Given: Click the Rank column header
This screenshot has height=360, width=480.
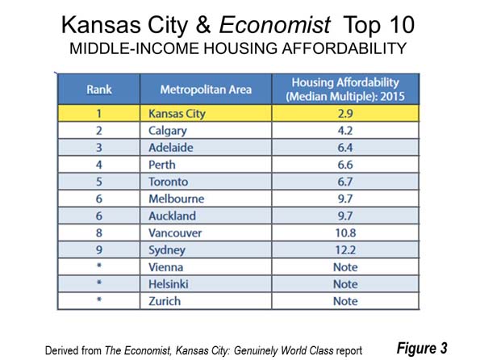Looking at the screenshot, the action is click(99, 90).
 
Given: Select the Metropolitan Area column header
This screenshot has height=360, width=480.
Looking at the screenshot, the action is click(206, 90).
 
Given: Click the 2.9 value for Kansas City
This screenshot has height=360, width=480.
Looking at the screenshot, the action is click(345, 114).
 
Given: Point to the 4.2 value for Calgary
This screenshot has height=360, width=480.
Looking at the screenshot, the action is click(345, 131).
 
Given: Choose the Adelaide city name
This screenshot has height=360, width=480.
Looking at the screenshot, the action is click(171, 148).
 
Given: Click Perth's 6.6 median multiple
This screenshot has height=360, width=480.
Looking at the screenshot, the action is click(345, 165).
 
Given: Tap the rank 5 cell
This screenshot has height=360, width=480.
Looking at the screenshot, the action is click(99, 182).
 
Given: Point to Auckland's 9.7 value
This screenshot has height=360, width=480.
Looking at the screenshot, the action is click(345, 216).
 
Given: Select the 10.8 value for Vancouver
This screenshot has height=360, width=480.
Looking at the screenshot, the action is click(345, 233).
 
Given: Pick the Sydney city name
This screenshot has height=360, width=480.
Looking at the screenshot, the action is click(167, 250).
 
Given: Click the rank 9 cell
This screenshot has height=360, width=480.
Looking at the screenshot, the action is click(99, 250).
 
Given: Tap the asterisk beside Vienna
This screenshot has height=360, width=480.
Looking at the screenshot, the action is click(99, 266).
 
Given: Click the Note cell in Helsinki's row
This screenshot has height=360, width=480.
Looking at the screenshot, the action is click(345, 284).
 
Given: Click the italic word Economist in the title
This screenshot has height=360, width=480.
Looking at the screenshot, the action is click(274, 25).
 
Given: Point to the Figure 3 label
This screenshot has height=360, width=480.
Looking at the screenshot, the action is click(422, 349).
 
